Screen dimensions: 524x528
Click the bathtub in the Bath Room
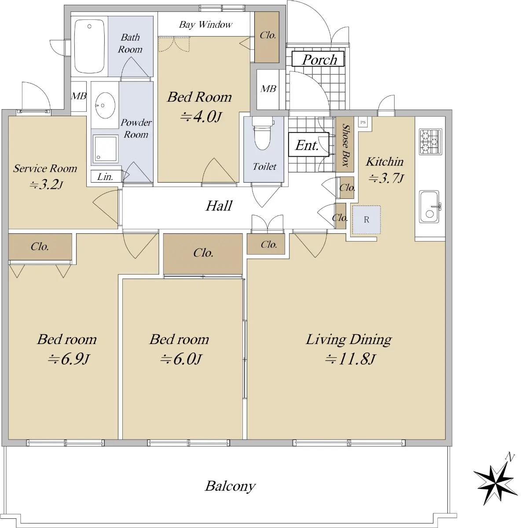pos(89,46)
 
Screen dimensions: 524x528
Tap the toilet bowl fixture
pos(263,133)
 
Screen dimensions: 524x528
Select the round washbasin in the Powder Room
pos(105,106)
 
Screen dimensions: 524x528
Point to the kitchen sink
pos(429,207)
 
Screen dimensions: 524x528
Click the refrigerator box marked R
pos(366,220)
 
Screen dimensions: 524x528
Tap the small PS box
pos(363,122)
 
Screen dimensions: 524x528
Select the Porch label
pos(318,59)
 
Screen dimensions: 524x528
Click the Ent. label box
pos(308,144)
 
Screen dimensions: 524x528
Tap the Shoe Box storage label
pos(345,145)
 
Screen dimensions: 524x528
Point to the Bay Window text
pos(205,25)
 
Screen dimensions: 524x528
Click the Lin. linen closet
pos(106,176)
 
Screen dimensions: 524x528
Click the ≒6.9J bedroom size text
pos(69,359)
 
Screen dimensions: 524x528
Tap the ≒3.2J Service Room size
pos(46,185)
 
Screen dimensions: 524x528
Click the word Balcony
pos(230,486)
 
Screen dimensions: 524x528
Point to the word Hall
pos(219,206)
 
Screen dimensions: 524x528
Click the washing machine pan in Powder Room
pos(105,149)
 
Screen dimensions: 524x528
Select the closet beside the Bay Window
pos(267,37)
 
